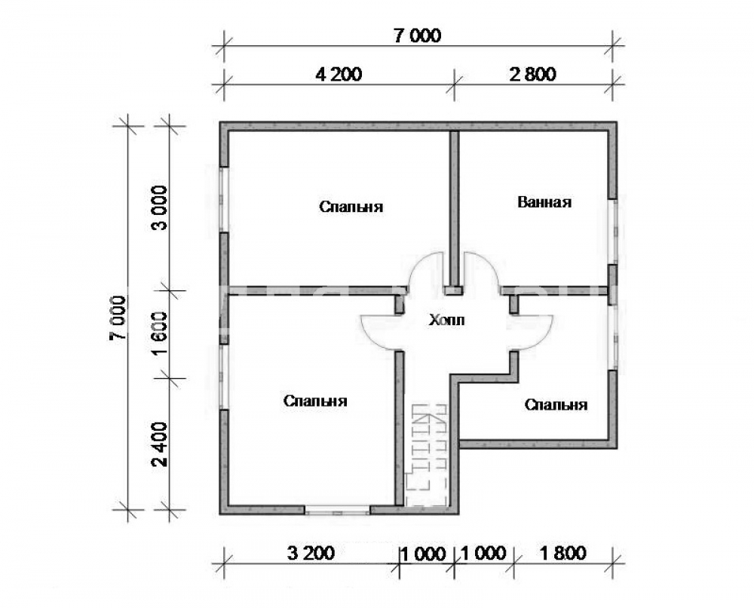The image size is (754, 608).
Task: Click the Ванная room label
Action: point(544,202)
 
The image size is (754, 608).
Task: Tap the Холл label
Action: point(446,320)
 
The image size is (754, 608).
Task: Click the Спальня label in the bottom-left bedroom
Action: point(315,401)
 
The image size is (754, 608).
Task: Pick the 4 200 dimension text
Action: point(339,75)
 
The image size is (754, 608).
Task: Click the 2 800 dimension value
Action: point(533,75)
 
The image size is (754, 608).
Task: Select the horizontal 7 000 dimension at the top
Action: point(418,36)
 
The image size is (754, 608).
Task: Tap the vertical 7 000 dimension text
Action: point(118,318)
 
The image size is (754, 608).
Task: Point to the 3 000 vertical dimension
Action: point(160,207)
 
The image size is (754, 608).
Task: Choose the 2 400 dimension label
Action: point(160,444)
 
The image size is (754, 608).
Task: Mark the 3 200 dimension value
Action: point(311,553)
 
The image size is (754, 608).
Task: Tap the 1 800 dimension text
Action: point(563,553)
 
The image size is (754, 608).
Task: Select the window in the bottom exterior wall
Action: point(338,510)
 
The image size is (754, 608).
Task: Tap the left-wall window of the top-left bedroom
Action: point(225,199)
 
